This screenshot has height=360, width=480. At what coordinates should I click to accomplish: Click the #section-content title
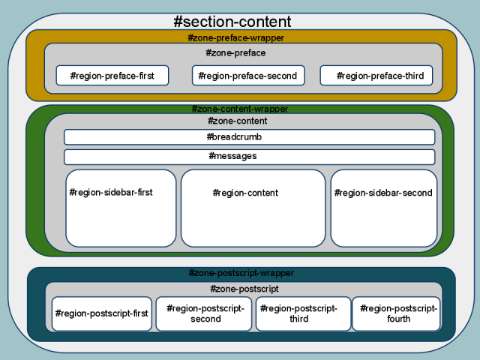[x=232, y=22]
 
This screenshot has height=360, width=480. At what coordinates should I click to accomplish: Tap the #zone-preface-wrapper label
[x=235, y=37]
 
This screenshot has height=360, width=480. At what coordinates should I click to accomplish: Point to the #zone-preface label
[x=235, y=53]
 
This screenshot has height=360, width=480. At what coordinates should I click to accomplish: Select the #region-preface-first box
[x=112, y=76]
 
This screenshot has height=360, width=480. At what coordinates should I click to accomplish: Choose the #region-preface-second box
[x=247, y=76]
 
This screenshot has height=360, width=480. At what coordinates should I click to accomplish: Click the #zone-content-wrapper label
[x=239, y=109]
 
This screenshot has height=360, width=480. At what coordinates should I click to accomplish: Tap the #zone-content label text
[x=237, y=121]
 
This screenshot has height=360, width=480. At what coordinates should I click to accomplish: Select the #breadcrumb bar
[x=249, y=137]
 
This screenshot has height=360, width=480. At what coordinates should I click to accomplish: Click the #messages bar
[x=249, y=157]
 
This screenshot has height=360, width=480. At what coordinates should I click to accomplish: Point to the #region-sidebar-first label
[x=111, y=193]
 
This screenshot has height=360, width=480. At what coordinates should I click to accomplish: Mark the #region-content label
[x=246, y=193]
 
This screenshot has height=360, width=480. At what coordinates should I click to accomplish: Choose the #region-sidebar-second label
[x=383, y=193]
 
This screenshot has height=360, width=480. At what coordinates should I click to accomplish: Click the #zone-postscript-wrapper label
[x=241, y=274]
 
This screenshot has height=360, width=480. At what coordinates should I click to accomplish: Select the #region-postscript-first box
[x=101, y=313]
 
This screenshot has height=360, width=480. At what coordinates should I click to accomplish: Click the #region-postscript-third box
[x=303, y=313]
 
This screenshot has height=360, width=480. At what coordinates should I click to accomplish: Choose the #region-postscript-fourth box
[x=396, y=313]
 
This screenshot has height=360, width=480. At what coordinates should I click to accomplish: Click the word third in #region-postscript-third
[x=300, y=319]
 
